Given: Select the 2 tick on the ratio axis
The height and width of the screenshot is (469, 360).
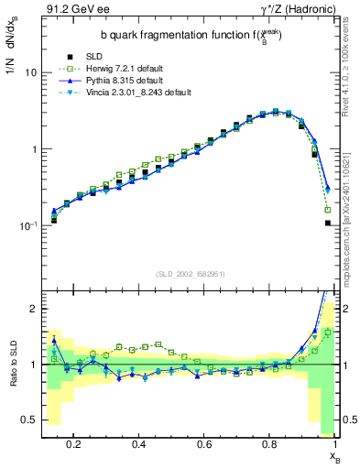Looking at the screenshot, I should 31,309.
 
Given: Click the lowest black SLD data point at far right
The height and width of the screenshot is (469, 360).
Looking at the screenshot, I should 328,223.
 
